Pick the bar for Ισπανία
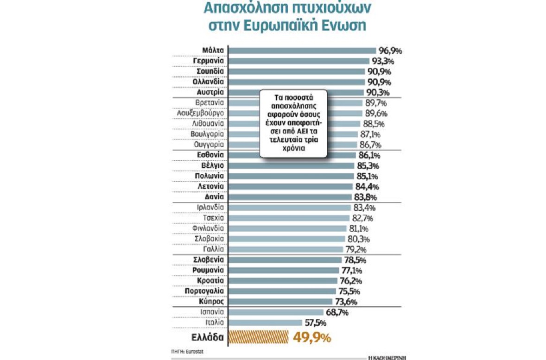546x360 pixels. pos(276,312)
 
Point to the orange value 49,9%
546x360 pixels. pos(312,338)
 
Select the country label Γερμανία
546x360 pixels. pos(209,61)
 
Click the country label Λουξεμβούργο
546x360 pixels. pos(201,113)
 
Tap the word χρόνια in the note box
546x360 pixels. pos(292,150)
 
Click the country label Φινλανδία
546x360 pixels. pos(209,228)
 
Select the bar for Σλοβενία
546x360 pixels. pos(285,260)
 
